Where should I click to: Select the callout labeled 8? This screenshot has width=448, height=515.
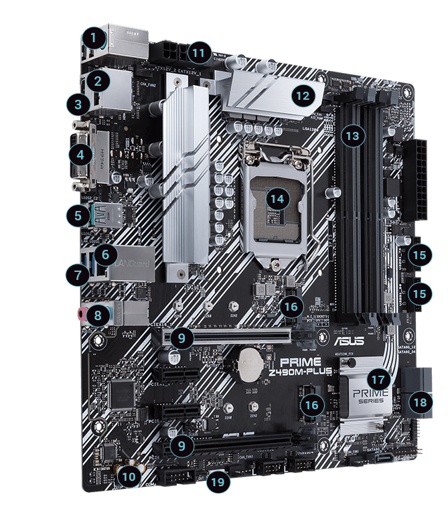pyautogui.click(x=98, y=313)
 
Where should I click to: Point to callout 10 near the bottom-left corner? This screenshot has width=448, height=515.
pyautogui.click(x=127, y=476)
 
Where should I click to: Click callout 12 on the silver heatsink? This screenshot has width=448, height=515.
pyautogui.click(x=303, y=95)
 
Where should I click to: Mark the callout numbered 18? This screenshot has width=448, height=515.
pyautogui.click(x=420, y=402)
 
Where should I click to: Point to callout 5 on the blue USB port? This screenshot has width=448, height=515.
pyautogui.click(x=79, y=216)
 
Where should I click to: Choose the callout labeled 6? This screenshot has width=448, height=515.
pyautogui.click(x=102, y=254)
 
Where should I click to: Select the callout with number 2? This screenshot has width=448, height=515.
pyautogui.click(x=98, y=82)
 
